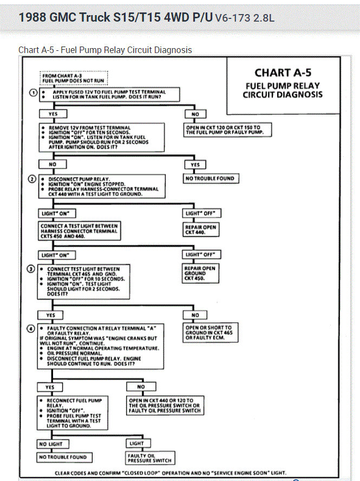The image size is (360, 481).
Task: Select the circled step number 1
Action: (x=33, y=93)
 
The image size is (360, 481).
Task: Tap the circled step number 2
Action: (x=33, y=179)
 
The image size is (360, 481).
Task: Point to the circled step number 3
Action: (x=33, y=269)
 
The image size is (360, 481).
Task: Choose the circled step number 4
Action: (x=33, y=328)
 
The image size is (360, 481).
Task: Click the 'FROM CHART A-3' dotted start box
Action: (x=74, y=78)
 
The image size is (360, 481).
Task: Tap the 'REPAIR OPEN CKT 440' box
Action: (x=201, y=229)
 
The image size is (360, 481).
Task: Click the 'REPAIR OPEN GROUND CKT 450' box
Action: (x=201, y=273)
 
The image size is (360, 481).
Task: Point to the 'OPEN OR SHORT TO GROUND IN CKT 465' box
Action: (x=208, y=333)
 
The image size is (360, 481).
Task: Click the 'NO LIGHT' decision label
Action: (x=51, y=444)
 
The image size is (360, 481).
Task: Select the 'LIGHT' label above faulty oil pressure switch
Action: (x=136, y=443)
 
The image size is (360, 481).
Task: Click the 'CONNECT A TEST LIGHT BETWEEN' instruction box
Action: (x=79, y=228)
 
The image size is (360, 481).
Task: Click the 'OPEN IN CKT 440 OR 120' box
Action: (x=164, y=406)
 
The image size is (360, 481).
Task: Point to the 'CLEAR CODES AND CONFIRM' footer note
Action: (x=171, y=473)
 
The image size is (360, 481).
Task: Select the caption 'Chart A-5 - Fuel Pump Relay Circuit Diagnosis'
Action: (x=105, y=50)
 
